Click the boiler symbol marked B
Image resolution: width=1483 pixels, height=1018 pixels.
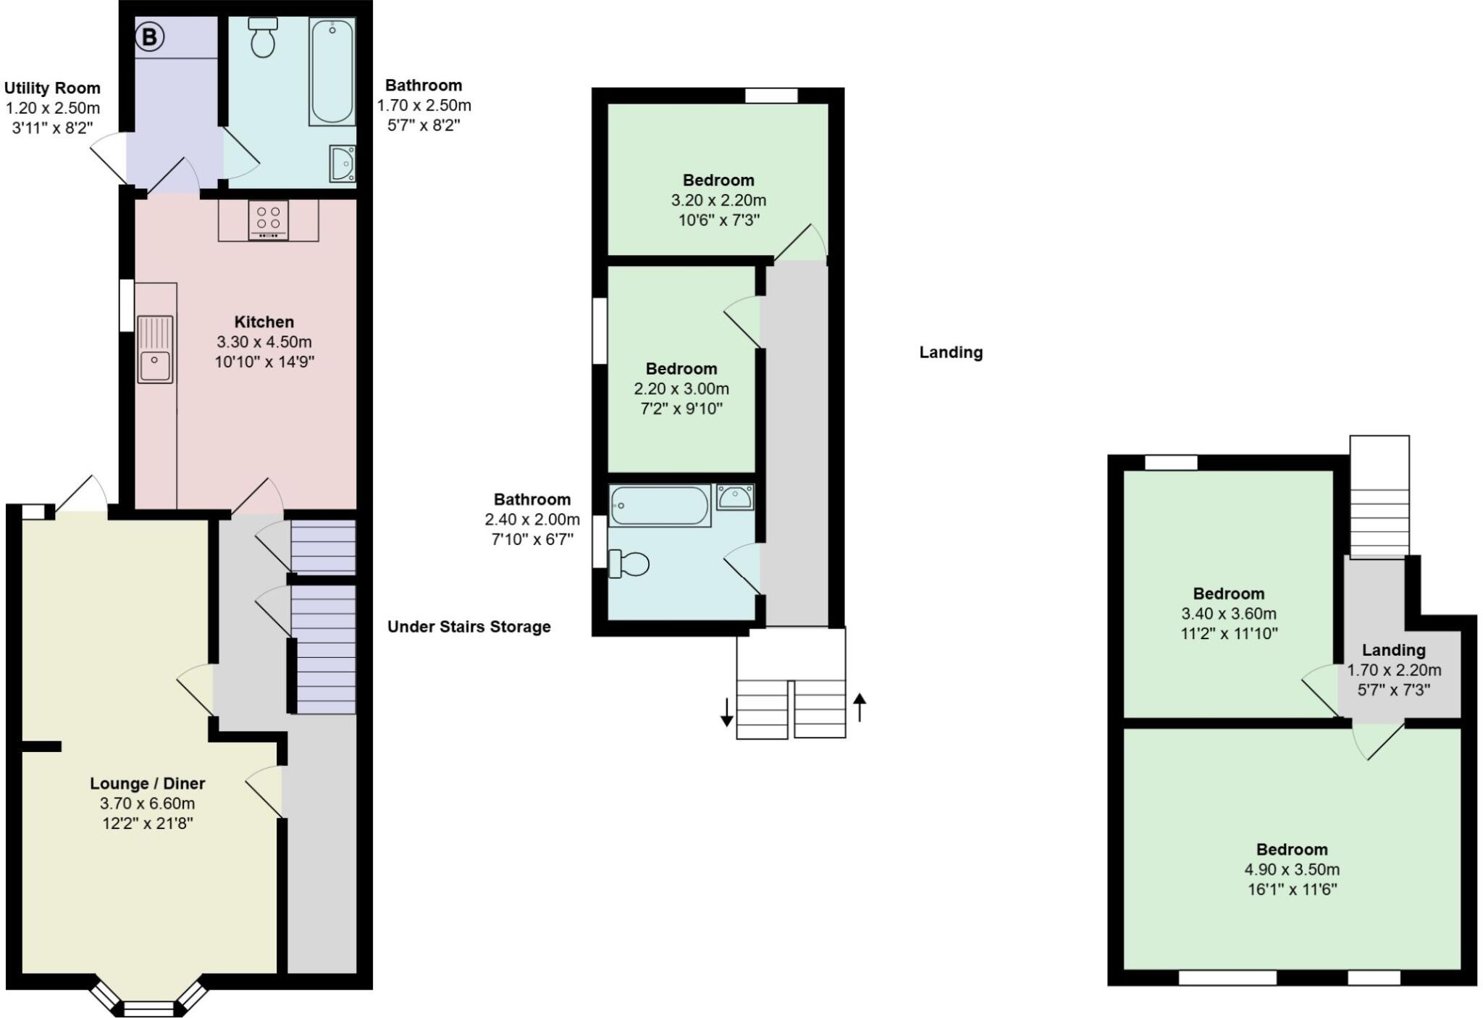(x=150, y=36)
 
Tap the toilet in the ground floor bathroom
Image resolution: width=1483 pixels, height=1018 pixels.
(x=262, y=38)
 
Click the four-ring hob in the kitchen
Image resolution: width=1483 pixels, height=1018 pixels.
(x=268, y=219)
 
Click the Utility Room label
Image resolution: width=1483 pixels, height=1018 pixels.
(x=52, y=88)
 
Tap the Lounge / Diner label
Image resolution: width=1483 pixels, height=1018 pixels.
(x=148, y=783)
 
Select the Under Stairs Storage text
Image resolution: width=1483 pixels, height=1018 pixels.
(x=469, y=627)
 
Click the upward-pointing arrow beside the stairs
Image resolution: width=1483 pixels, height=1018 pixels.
(x=859, y=707)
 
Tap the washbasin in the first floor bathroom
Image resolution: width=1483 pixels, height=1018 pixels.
(x=735, y=498)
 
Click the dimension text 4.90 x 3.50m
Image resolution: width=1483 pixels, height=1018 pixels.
(x=1292, y=869)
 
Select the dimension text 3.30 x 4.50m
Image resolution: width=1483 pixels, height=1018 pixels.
(x=264, y=341)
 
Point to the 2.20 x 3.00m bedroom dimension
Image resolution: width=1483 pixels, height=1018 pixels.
(x=681, y=388)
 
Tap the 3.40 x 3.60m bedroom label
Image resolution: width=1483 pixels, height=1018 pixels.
(x=1229, y=593)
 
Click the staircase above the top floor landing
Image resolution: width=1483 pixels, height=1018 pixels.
(x=1379, y=496)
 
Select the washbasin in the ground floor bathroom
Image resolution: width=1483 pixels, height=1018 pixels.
(x=342, y=163)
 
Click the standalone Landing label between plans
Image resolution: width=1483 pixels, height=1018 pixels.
(x=951, y=353)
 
